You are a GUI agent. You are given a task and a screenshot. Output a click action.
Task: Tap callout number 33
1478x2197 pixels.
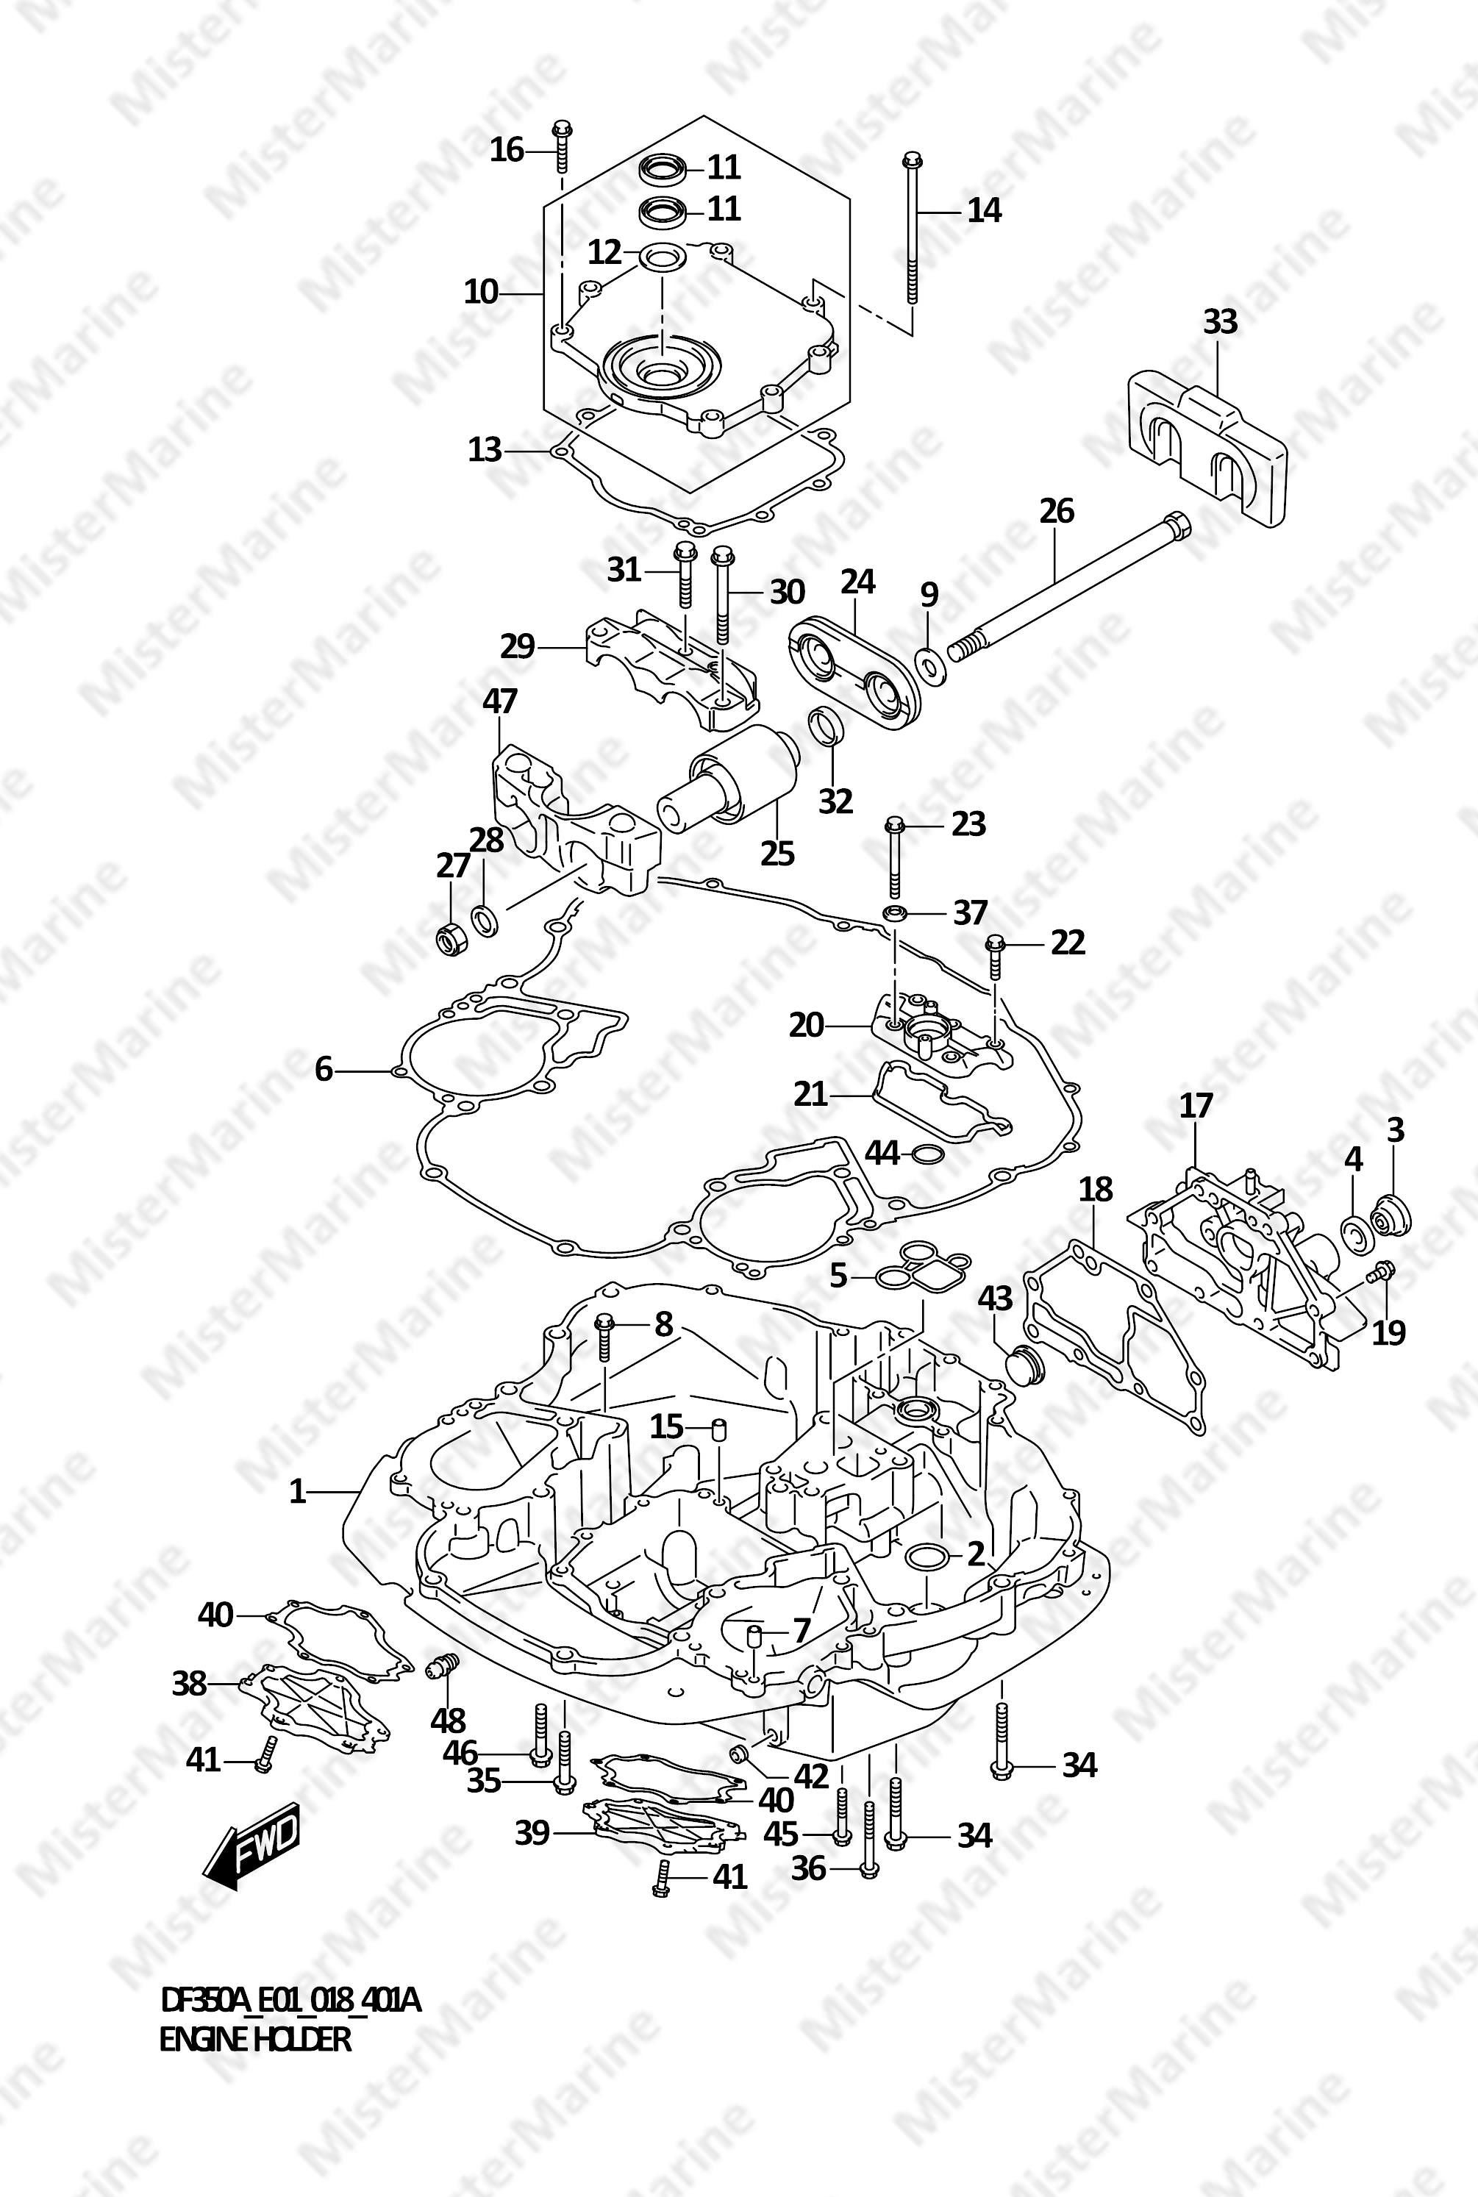[x=1220, y=322]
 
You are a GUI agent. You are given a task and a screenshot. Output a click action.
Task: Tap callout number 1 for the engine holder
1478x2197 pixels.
[x=298, y=1492]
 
